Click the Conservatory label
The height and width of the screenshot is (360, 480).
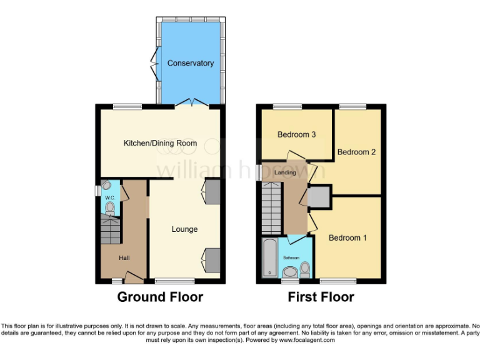pos(190,63)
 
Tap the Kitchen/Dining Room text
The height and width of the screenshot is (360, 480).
pos(160,143)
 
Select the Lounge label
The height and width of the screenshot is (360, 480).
pos(184,229)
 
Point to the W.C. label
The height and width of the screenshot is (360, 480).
pos(109,198)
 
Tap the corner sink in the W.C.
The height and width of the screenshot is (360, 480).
pos(106,185)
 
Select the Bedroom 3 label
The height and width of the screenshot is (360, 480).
pos(297,134)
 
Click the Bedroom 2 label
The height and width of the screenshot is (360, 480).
pos(356,152)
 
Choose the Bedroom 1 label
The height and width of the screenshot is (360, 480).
pos(347,237)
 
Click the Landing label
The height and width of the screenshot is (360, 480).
pos(285,172)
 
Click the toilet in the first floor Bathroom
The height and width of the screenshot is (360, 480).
pos(305,269)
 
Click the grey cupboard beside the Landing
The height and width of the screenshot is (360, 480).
pos(319,197)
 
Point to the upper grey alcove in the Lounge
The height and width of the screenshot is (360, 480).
pos(212,192)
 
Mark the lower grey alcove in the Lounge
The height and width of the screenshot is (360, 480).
pos(212,259)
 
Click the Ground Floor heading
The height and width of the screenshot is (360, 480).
pos(160,297)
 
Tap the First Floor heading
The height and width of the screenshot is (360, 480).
pos(321,297)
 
